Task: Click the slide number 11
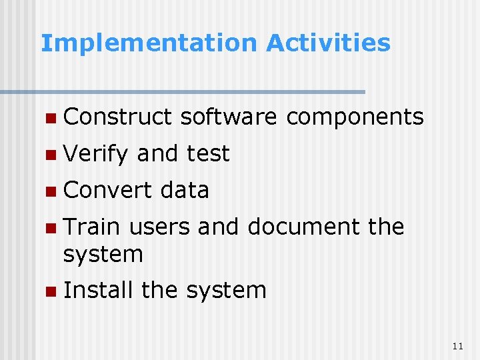point(457,345)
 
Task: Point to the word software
point(228,117)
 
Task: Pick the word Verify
point(96,155)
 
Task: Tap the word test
point(208,154)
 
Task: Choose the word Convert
point(108,190)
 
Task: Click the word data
point(185,190)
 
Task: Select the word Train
point(91,227)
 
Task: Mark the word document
point(304,227)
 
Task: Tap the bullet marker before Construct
point(51,119)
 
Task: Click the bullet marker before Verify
point(51,155)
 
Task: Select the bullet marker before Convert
point(51,192)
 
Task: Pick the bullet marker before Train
point(51,229)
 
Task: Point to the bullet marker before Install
point(51,292)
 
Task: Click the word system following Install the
point(226,291)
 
